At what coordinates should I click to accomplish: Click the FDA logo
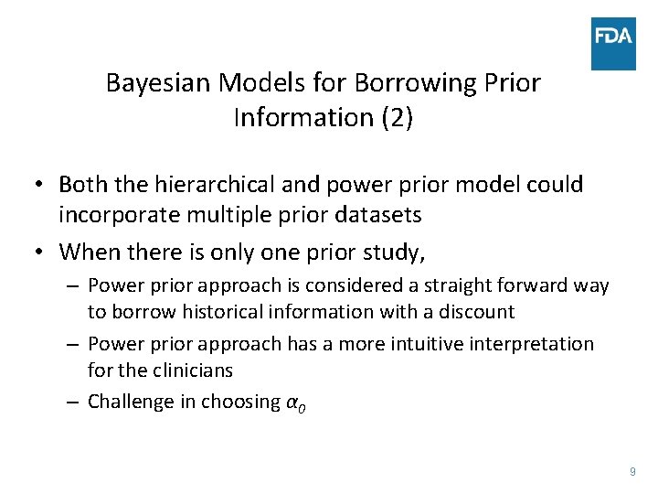[613, 43]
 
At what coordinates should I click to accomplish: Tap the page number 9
[632, 471]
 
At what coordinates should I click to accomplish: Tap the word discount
[476, 312]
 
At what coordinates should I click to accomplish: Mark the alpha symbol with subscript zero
[295, 403]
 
